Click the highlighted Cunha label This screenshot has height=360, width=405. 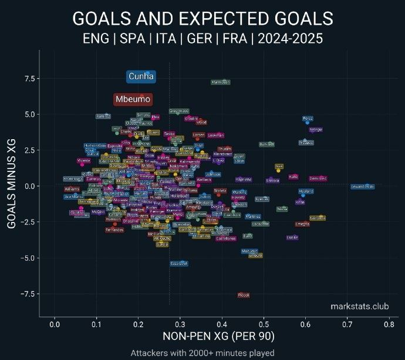141,76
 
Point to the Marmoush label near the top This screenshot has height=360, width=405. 221,82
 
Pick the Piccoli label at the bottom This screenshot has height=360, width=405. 244,295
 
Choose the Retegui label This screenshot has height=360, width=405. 316,129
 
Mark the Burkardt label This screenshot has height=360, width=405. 266,144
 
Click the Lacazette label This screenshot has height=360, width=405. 260,224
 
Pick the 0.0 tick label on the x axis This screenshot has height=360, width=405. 55,324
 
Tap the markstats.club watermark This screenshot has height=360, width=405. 359,306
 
